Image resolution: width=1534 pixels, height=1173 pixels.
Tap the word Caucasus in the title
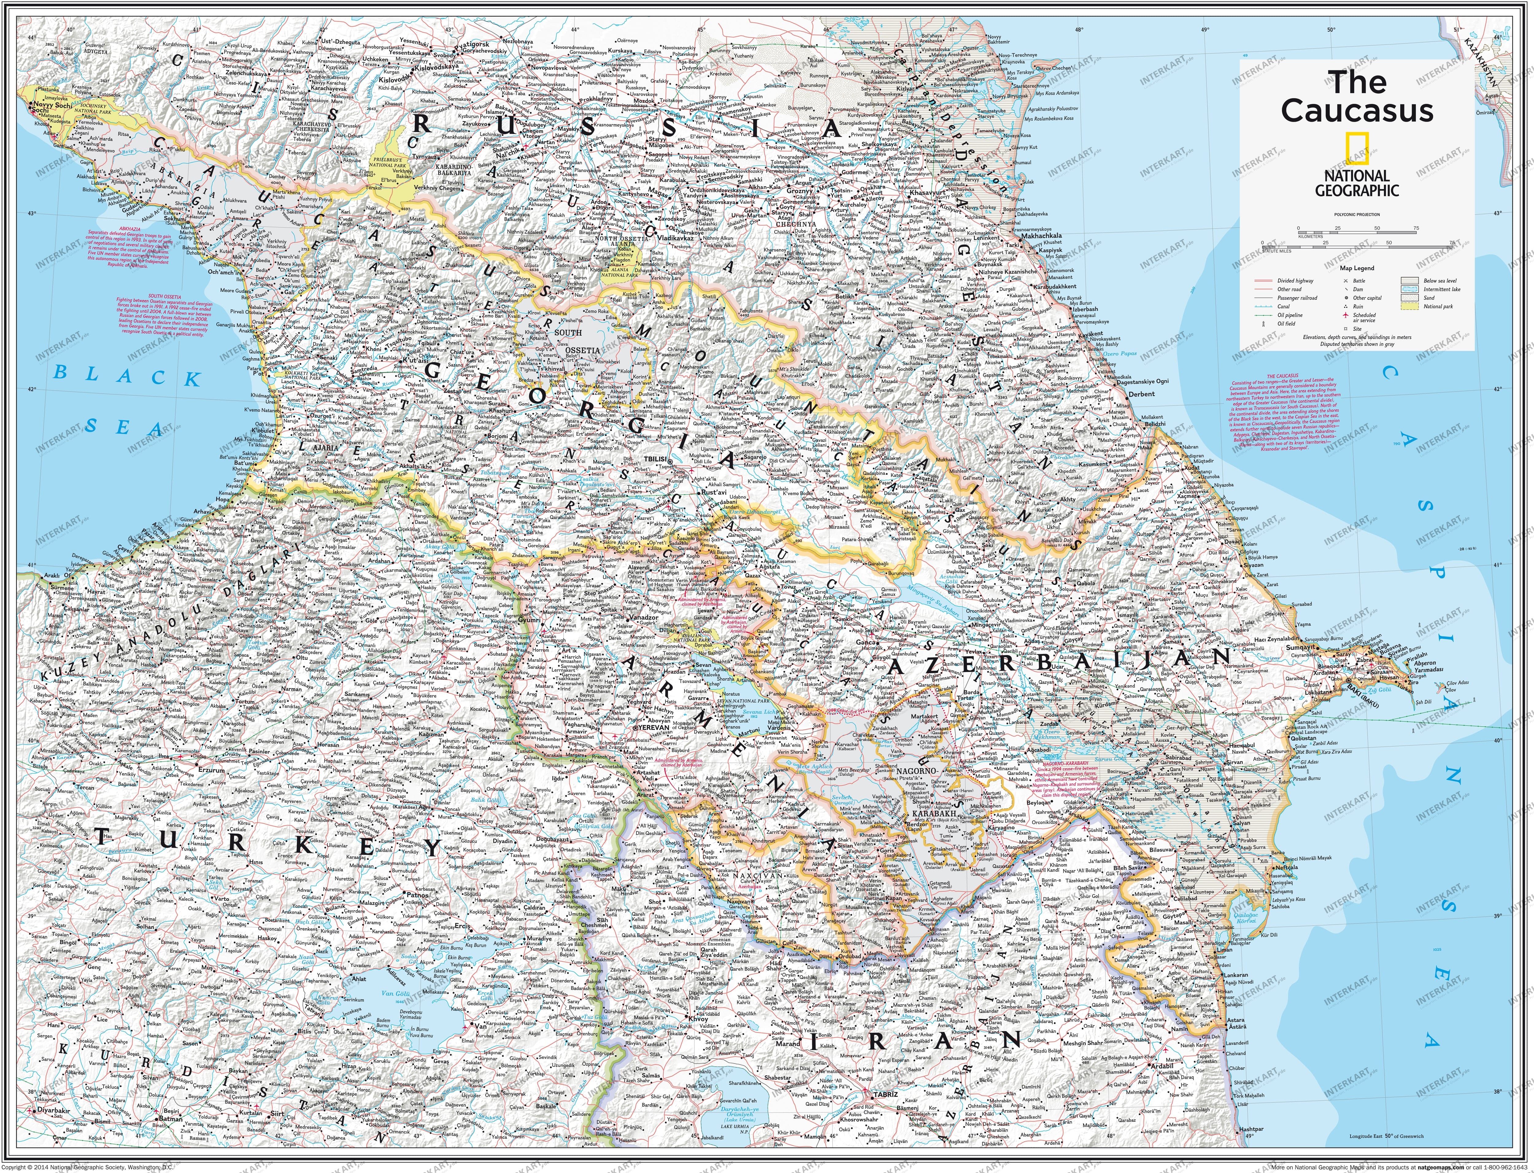pos(1357,110)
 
